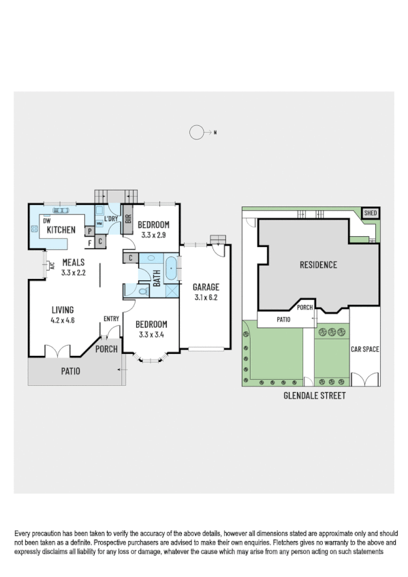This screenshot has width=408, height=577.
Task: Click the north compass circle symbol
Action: click(197, 133)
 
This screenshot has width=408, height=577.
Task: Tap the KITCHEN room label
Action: click(61, 231)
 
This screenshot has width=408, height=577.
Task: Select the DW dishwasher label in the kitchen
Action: click(47, 221)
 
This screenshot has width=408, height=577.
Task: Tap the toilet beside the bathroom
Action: click(143, 291)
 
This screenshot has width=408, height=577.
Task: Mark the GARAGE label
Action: click(205, 287)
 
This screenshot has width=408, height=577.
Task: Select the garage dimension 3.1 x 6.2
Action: click(205, 297)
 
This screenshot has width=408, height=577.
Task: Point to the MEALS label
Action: click(73, 263)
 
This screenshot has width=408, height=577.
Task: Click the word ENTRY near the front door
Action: click(111, 318)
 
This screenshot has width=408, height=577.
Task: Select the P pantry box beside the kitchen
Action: click(89, 231)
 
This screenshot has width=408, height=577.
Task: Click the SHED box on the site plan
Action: click(370, 213)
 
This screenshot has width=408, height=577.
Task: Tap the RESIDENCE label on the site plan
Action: click(318, 265)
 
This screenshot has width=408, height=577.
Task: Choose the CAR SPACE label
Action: click(364, 350)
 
